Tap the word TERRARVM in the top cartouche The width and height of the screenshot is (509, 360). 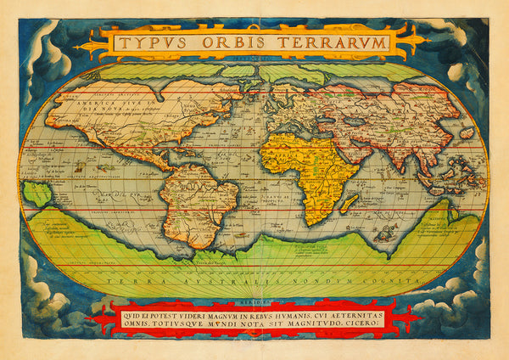pos(327,42)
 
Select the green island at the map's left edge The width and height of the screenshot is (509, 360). pos(36,194)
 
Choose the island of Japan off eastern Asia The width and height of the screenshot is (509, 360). pos(466,134)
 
